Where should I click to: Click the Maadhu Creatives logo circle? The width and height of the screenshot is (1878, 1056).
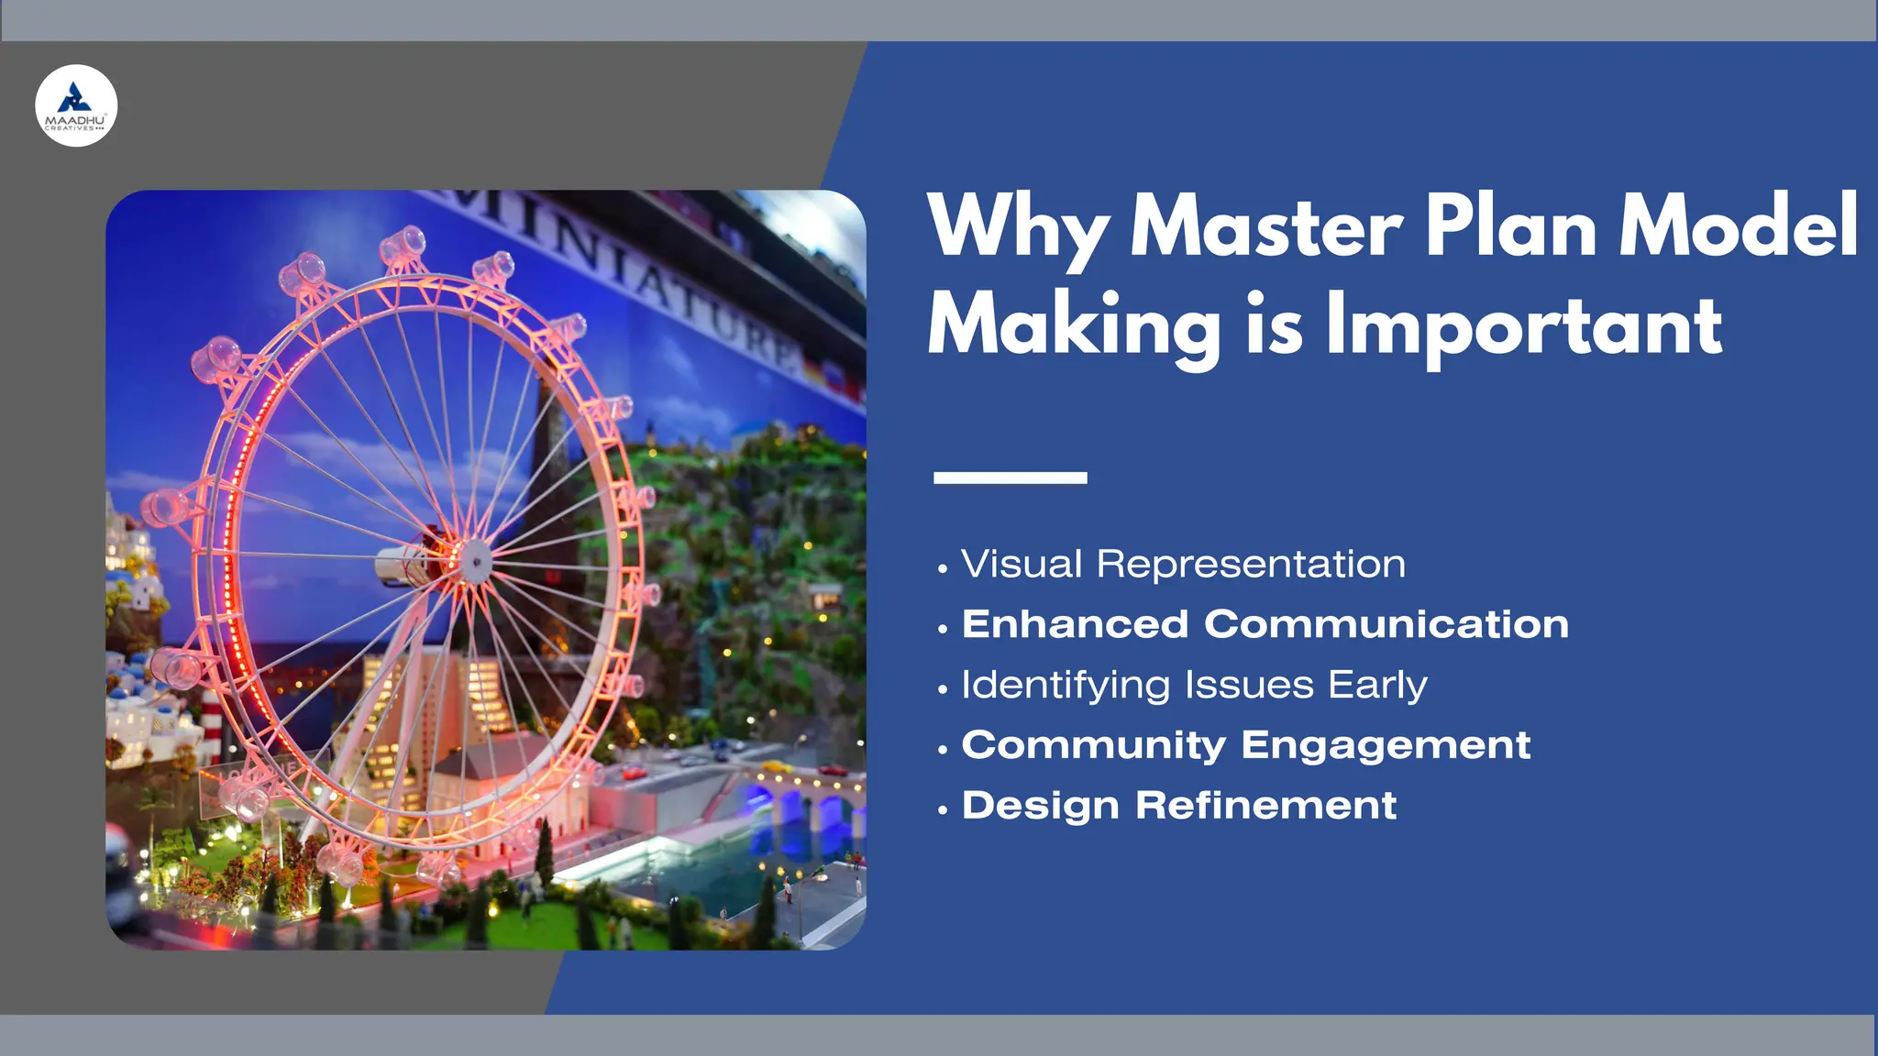click(x=76, y=105)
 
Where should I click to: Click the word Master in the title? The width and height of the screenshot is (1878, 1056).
click(x=1265, y=226)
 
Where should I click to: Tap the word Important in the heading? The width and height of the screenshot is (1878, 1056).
click(x=1524, y=325)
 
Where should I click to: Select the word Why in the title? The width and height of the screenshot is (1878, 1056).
click(x=1018, y=228)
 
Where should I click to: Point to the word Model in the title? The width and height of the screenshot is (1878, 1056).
click(x=1738, y=226)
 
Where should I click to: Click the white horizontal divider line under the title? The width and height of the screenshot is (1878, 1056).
click(x=1010, y=478)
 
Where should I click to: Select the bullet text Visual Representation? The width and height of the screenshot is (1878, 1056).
click(x=1183, y=565)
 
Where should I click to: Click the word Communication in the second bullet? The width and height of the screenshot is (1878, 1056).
click(x=1386, y=624)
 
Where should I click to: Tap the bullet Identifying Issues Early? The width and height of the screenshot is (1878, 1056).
click(x=1194, y=686)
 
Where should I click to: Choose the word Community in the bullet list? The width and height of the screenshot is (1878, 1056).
click(x=1093, y=745)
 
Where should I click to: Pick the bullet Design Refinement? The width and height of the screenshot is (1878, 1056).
click(x=1178, y=806)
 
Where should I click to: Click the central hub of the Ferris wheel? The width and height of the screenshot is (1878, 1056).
click(x=474, y=557)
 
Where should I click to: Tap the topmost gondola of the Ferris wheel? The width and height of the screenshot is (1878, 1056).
click(x=403, y=244)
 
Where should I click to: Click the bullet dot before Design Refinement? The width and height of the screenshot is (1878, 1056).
click(x=942, y=810)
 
